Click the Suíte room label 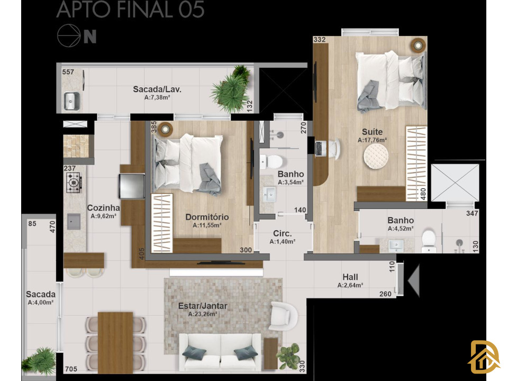pyautogui.click(x=372, y=132)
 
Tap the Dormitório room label pyautogui.click(x=207, y=217)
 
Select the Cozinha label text pyautogui.click(x=103, y=208)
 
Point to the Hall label pyautogui.click(x=350, y=277)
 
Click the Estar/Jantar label pyautogui.click(x=203, y=306)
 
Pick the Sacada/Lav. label pyautogui.click(x=157, y=89)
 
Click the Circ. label pyautogui.click(x=282, y=233)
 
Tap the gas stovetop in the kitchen pyautogui.click(x=74, y=183)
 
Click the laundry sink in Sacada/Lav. pyautogui.click(x=71, y=101)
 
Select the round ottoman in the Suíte pyautogui.click(x=376, y=156)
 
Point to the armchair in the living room pyautogui.click(x=283, y=316)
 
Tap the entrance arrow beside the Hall pyautogui.click(x=414, y=280)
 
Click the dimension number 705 pyautogui.click(x=71, y=369)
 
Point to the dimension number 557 pyautogui.click(x=68, y=72)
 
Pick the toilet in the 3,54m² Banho pyautogui.click(x=272, y=161)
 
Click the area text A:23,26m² pyautogui.click(x=203, y=314)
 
